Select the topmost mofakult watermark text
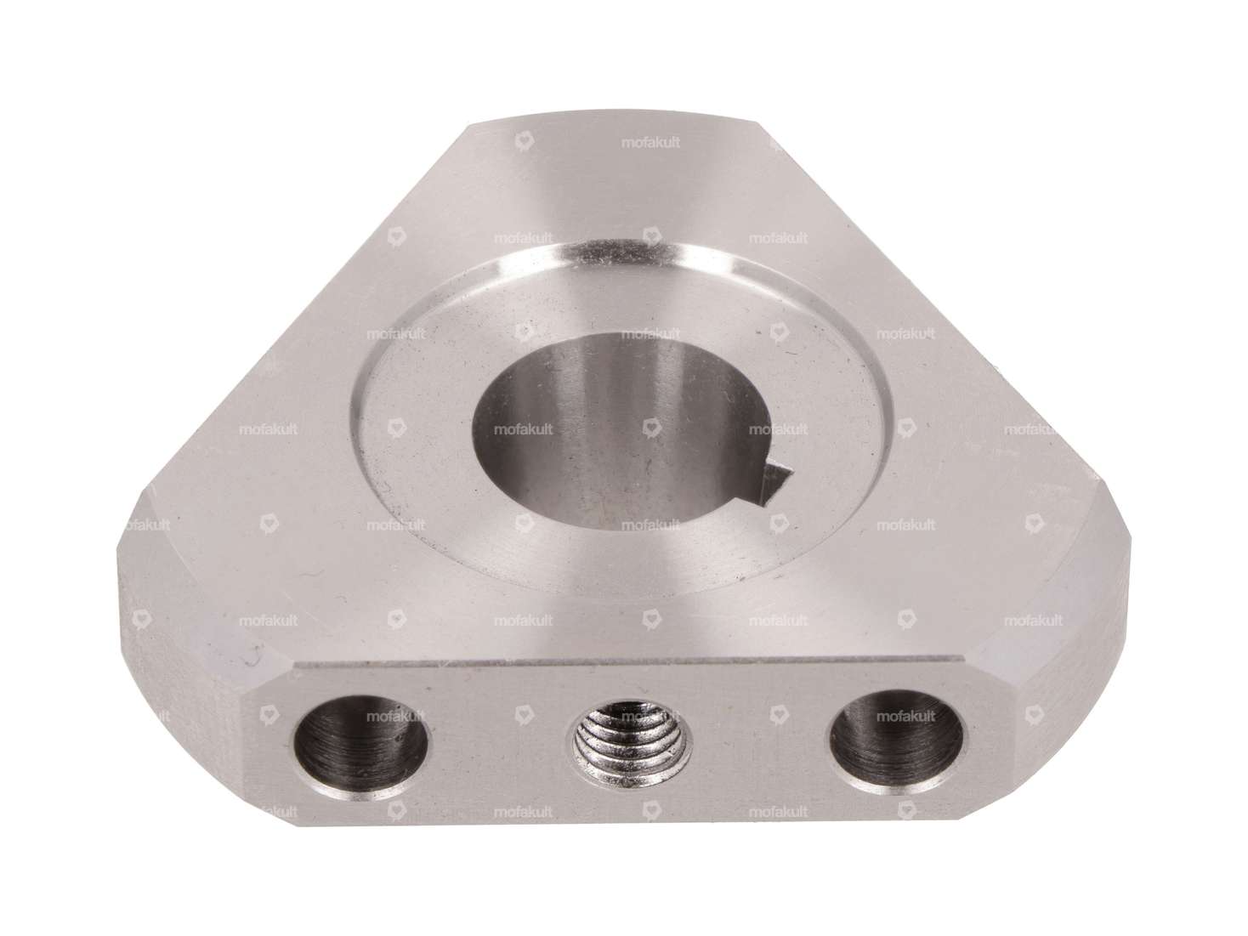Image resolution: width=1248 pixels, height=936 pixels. click(650, 143)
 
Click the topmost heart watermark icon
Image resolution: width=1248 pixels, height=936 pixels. click(524, 142)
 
